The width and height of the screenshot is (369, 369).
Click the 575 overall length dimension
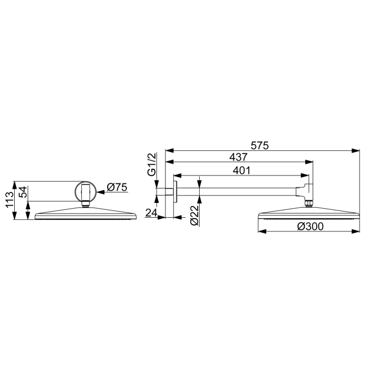[259, 145]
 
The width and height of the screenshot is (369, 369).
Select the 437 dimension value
[239, 157]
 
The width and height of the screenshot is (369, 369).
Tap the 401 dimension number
[241, 171]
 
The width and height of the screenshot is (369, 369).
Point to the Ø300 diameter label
[310, 226]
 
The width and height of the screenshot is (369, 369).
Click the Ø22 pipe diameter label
[195, 215]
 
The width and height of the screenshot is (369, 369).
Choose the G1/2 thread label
[152, 164]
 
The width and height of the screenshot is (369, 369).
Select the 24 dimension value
[151, 213]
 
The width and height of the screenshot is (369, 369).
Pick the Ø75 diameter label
[117, 187]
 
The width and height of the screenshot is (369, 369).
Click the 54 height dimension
[23, 192]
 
